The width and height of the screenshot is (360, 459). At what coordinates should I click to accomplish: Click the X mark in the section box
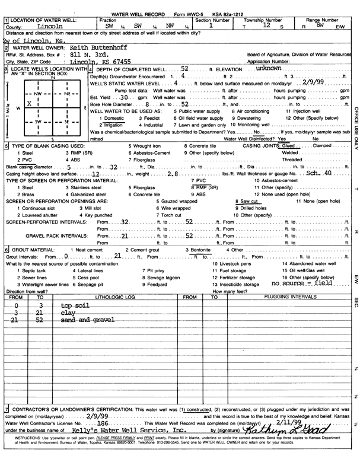pos(28,103)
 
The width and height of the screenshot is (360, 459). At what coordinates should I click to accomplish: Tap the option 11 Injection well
pos(304,111)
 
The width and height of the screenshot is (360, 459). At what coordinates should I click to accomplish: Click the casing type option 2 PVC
pos(25,160)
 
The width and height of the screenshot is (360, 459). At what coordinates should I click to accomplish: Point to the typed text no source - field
pos(300,284)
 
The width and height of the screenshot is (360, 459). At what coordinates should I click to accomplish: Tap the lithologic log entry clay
pos(68,313)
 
